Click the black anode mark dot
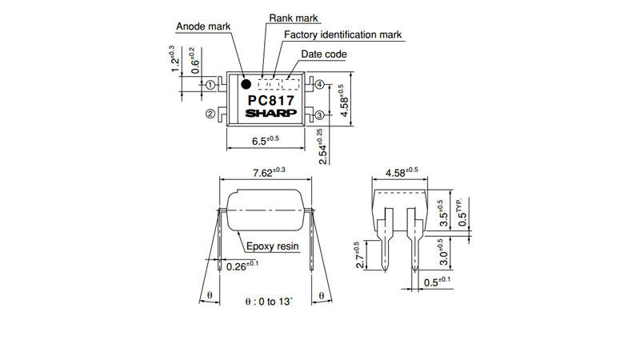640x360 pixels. [246, 85]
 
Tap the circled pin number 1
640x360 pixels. [210, 85]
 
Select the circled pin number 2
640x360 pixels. [210, 114]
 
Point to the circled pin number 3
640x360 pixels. [319, 115]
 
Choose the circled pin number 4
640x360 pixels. [319, 85]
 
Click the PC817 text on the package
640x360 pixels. [271, 101]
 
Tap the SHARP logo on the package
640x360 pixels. [271, 113]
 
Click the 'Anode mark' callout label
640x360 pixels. [203, 26]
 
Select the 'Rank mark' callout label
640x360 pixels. [294, 18]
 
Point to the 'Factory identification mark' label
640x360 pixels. [343, 34]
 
